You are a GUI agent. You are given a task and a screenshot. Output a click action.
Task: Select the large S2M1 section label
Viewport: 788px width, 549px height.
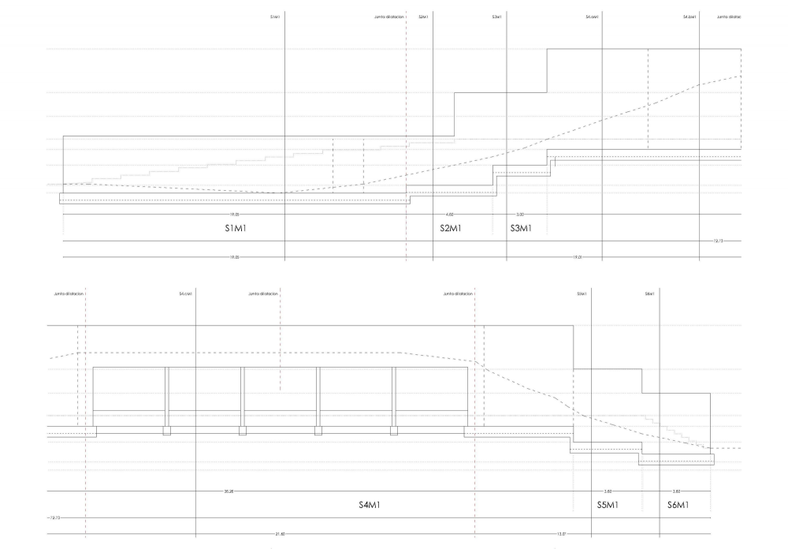tap(450, 229)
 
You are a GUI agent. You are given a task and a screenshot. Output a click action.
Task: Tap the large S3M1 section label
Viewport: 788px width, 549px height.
tap(521, 229)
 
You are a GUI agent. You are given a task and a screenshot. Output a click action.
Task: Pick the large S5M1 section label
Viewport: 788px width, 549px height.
tap(607, 504)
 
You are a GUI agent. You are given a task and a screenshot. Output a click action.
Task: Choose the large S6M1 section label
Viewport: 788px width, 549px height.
tap(678, 504)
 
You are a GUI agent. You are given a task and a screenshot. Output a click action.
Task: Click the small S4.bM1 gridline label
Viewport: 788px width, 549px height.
tap(690, 17)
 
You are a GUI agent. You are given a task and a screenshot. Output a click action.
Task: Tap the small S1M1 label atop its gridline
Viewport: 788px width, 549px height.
tap(274, 17)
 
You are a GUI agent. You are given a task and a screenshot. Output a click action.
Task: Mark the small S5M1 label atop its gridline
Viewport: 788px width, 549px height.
tap(582, 293)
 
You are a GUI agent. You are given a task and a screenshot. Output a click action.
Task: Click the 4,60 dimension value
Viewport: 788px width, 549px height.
tap(450, 214)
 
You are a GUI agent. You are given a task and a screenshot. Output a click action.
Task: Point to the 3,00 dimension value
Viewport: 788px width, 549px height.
tap(519, 214)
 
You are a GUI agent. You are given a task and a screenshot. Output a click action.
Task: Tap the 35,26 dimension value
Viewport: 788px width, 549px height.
tap(229, 491)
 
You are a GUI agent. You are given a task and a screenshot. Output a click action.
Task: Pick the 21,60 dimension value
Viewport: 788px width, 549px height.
tap(280, 534)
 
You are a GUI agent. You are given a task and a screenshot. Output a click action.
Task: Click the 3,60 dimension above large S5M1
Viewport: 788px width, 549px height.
tap(608, 491)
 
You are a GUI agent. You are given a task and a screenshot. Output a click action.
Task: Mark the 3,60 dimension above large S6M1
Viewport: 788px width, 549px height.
tap(676, 491)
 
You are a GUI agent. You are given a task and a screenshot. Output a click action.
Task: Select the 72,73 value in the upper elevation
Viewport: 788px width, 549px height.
tap(716, 241)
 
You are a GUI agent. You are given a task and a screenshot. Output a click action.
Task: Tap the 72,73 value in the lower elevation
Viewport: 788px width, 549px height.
tap(55, 518)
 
